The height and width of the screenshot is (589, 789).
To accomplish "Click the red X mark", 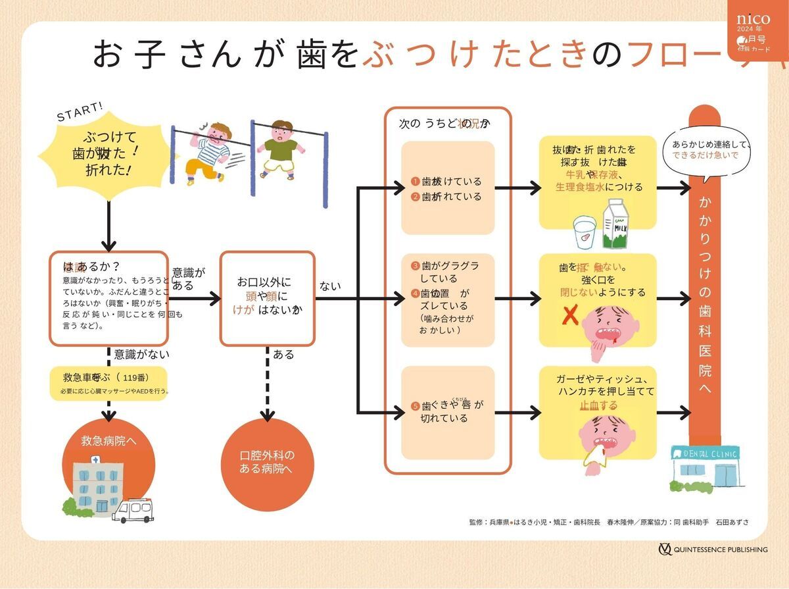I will pyautogui.click(x=569, y=317).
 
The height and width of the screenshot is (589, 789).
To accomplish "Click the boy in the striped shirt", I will pyautogui.click(x=210, y=152).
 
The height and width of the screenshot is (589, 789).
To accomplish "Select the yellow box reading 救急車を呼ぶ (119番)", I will pyautogui.click(x=108, y=382).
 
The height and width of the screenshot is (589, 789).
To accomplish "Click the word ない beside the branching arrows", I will pyautogui.click(x=330, y=286).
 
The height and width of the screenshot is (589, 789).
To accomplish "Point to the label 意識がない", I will pyautogui.click(x=142, y=353).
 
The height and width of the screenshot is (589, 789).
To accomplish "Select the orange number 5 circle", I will pyautogui.click(x=415, y=405).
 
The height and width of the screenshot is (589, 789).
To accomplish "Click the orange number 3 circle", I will pyautogui.click(x=415, y=266).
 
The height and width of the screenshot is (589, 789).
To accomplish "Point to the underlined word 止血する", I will pyautogui.click(x=598, y=405).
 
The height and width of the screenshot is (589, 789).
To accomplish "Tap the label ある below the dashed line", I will pyautogui.click(x=283, y=354).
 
